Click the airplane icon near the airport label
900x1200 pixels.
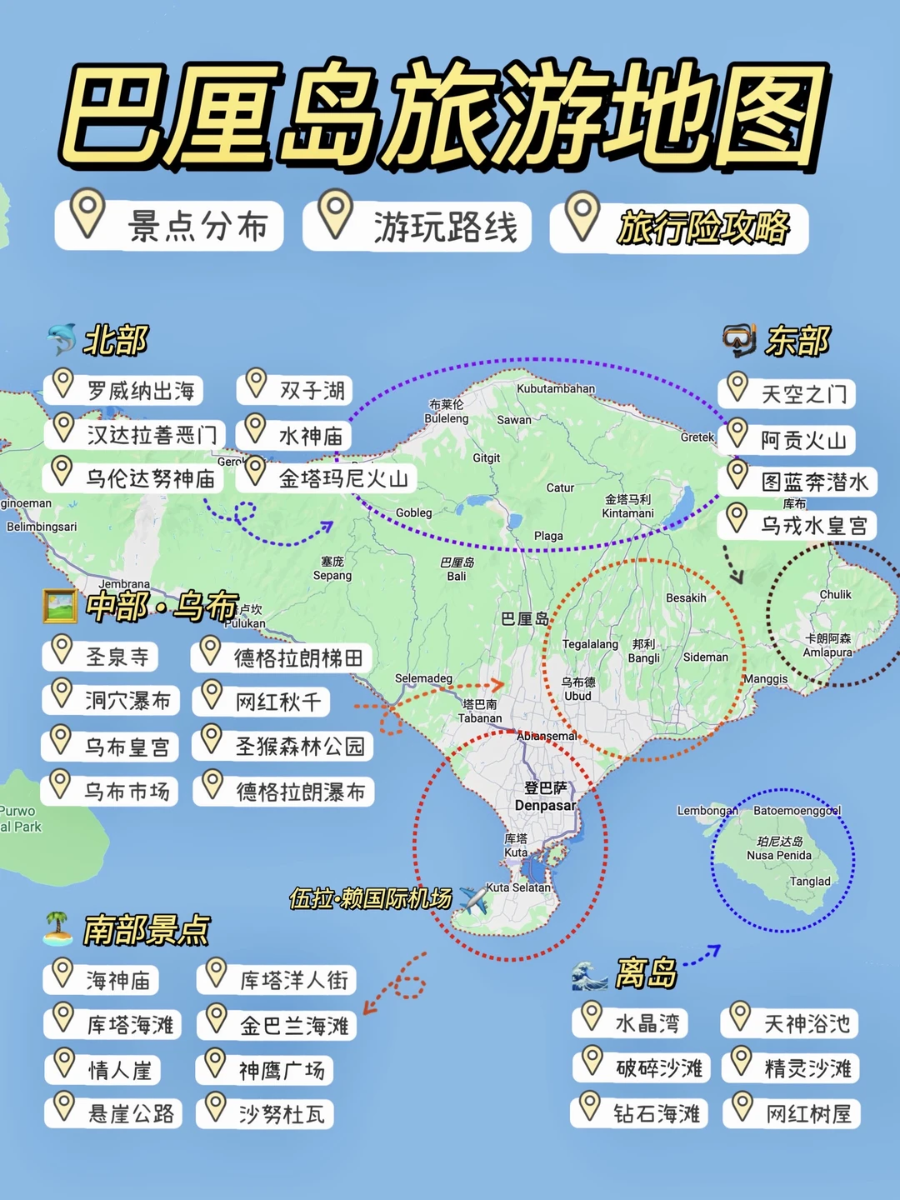474,899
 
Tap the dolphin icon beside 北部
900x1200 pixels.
62,340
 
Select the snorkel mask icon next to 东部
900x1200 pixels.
738,340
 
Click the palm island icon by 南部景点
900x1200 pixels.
57,928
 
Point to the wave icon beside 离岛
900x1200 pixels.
589,974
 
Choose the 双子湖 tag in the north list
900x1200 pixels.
296,390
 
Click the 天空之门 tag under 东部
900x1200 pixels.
787,393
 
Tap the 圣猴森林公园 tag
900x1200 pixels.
283,746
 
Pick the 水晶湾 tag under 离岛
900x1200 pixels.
631,1022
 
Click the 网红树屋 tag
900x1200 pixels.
792,1113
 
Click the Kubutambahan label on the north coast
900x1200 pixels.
556,388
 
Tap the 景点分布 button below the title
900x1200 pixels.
170,226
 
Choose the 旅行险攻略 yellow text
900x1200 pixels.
702,227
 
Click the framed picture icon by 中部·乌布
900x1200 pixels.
59,606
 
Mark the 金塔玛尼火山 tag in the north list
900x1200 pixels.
327,477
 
